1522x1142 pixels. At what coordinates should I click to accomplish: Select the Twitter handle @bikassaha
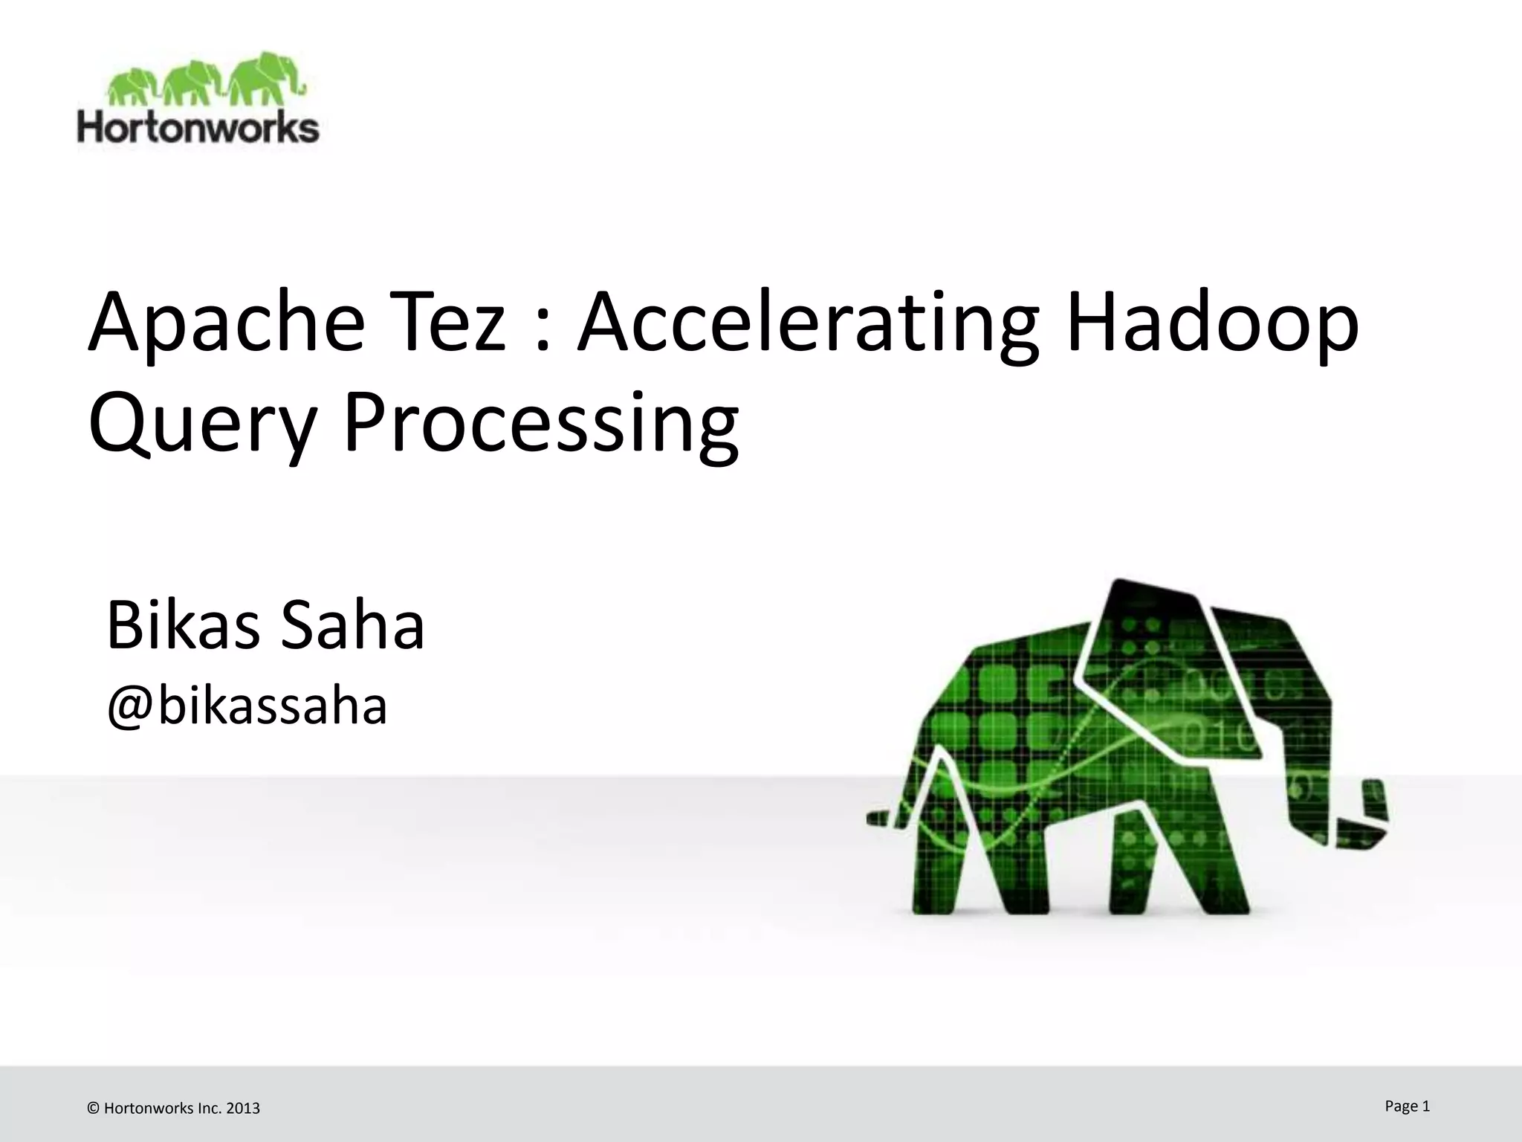pyautogui.click(x=247, y=706)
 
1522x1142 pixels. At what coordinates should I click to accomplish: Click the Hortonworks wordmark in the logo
pyautogui.click(x=198, y=128)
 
